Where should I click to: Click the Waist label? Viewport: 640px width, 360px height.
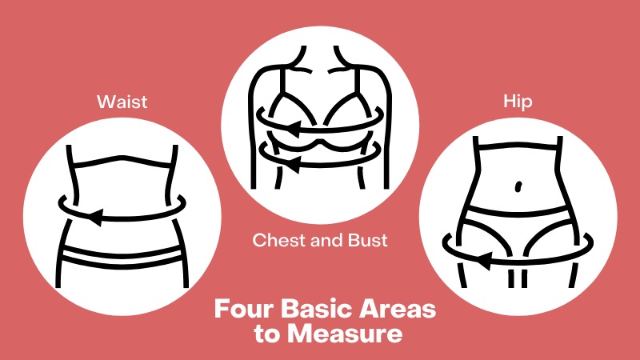122,102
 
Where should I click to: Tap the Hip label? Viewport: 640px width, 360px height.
518,102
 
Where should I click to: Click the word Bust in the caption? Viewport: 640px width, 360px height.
368,240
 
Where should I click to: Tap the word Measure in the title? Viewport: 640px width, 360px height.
345,334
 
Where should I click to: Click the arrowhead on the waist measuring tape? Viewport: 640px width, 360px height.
95,216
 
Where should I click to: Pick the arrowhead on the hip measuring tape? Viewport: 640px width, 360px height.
484,261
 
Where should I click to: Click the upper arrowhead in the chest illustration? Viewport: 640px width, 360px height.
294,129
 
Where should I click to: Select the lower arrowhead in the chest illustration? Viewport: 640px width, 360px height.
293,164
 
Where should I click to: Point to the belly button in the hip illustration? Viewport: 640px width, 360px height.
518,186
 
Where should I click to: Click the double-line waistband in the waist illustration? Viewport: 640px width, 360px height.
122,256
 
